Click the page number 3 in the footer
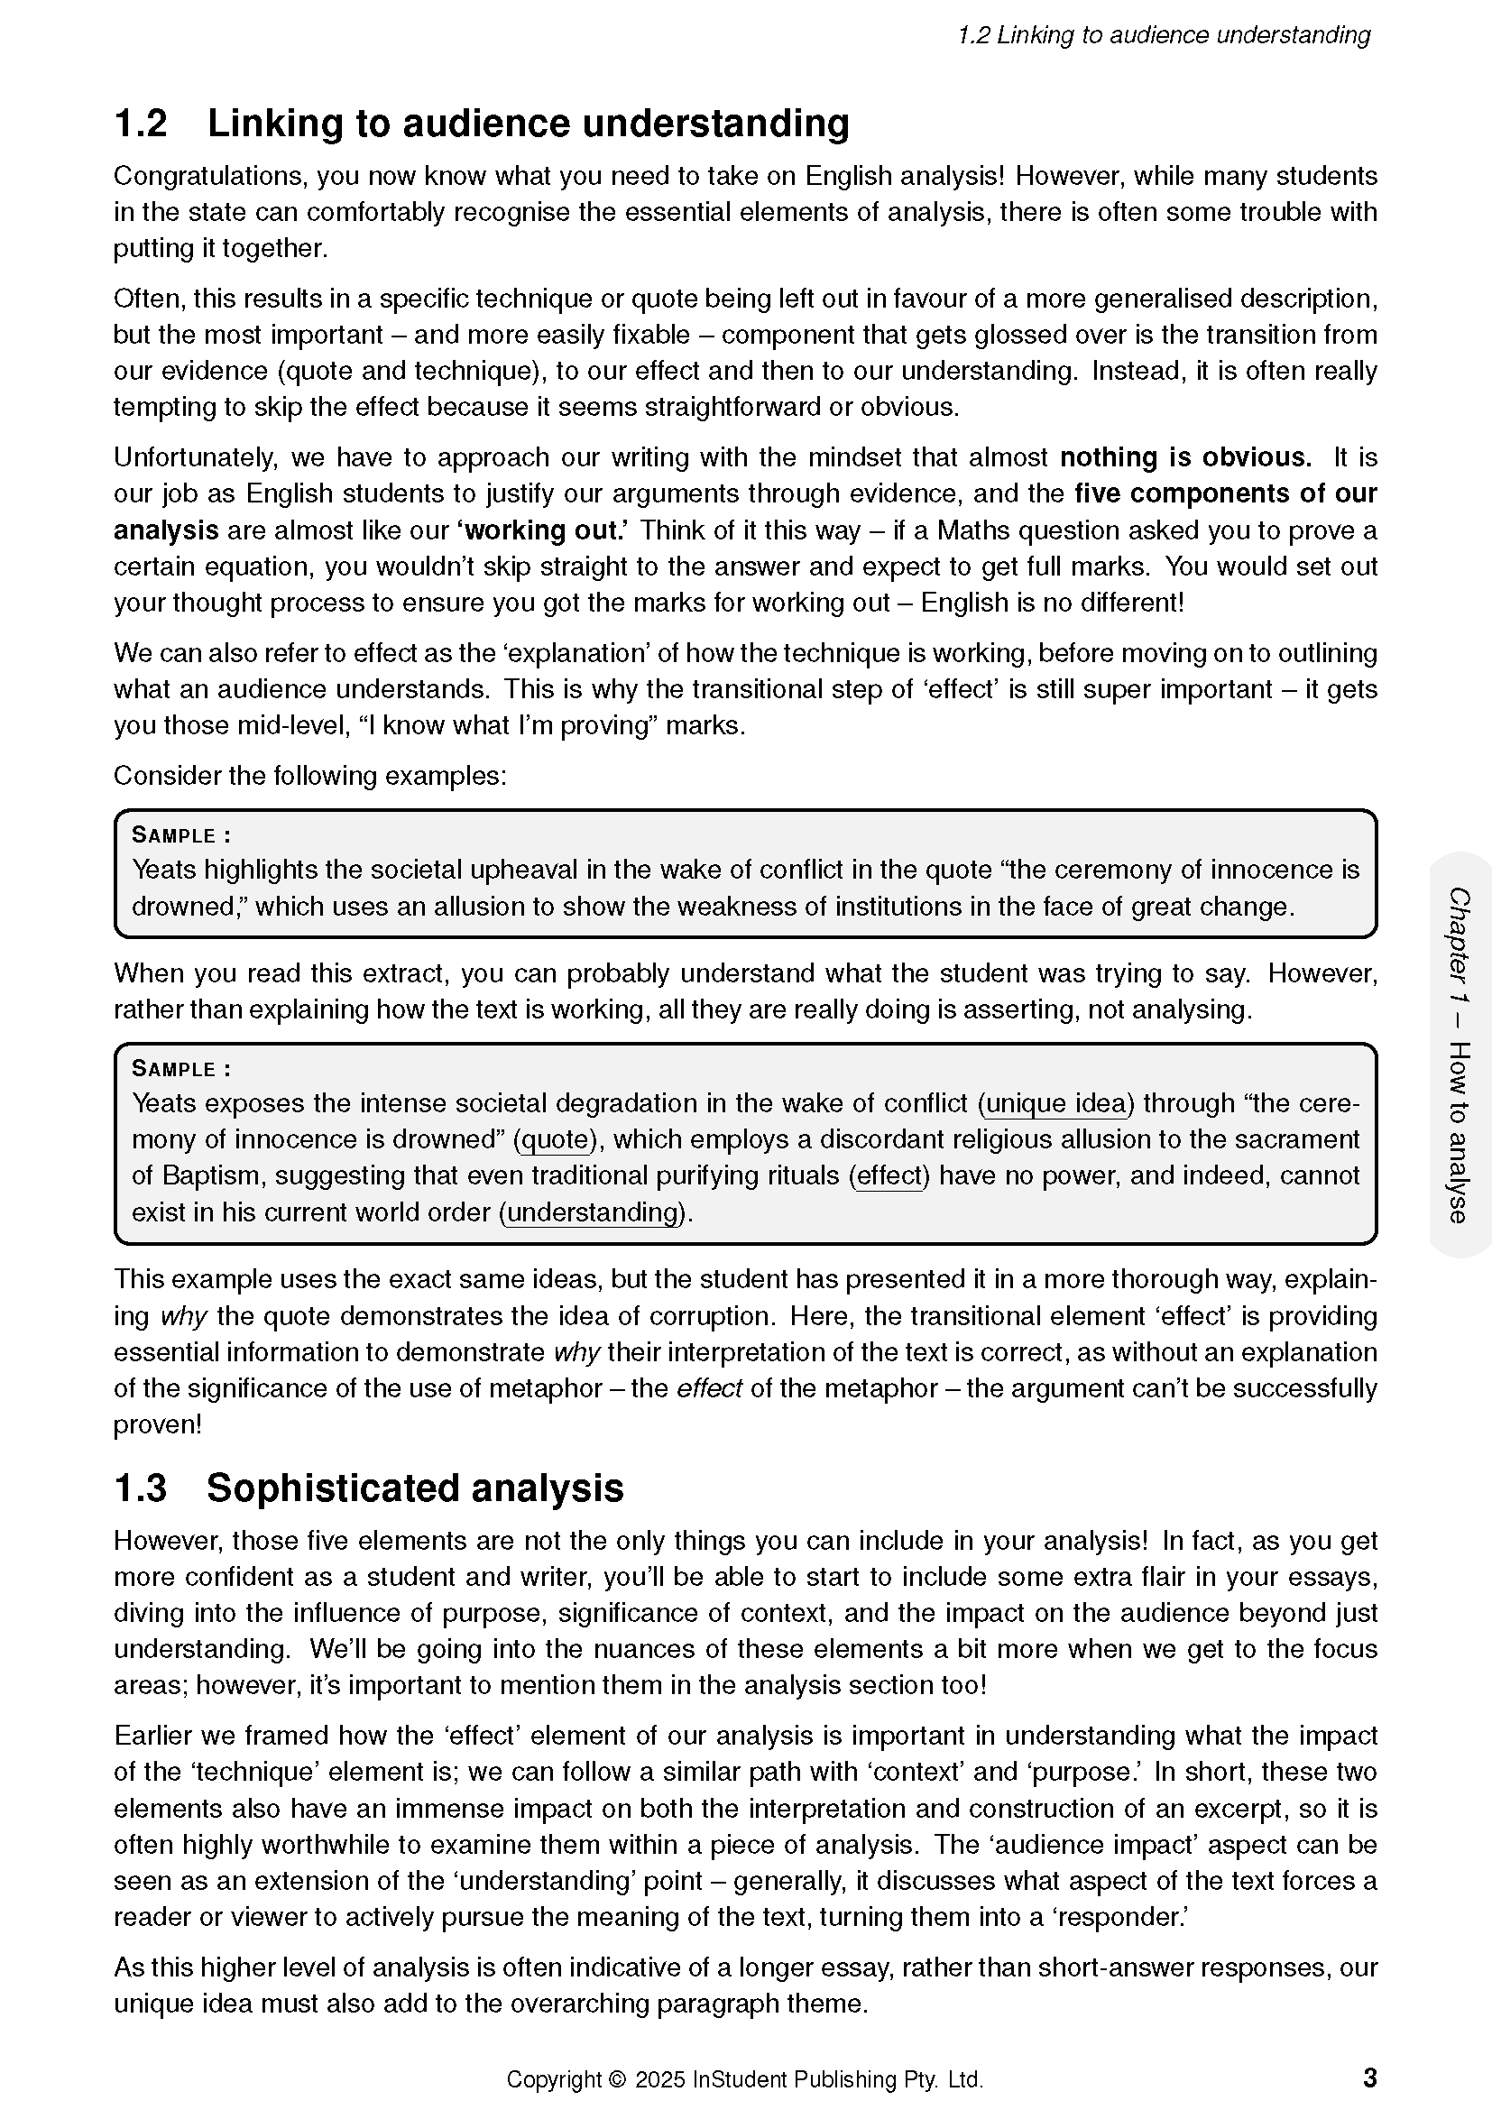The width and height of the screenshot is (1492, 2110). [1369, 2078]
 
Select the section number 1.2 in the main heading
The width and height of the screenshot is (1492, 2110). [141, 124]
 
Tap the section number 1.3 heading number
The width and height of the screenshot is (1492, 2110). [141, 1488]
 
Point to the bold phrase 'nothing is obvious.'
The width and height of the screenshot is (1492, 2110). [1185, 457]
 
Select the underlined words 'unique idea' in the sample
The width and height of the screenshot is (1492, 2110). [1055, 1102]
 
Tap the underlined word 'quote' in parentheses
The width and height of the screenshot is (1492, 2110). [554, 1139]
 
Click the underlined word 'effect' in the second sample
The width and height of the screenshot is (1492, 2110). [889, 1175]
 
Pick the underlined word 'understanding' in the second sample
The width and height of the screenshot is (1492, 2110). [593, 1212]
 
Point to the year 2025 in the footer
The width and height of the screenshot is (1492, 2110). [659, 2079]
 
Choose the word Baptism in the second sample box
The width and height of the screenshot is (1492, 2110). [210, 1175]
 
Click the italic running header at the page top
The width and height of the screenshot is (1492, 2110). [1163, 35]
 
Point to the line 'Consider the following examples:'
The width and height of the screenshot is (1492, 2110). [309, 776]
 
